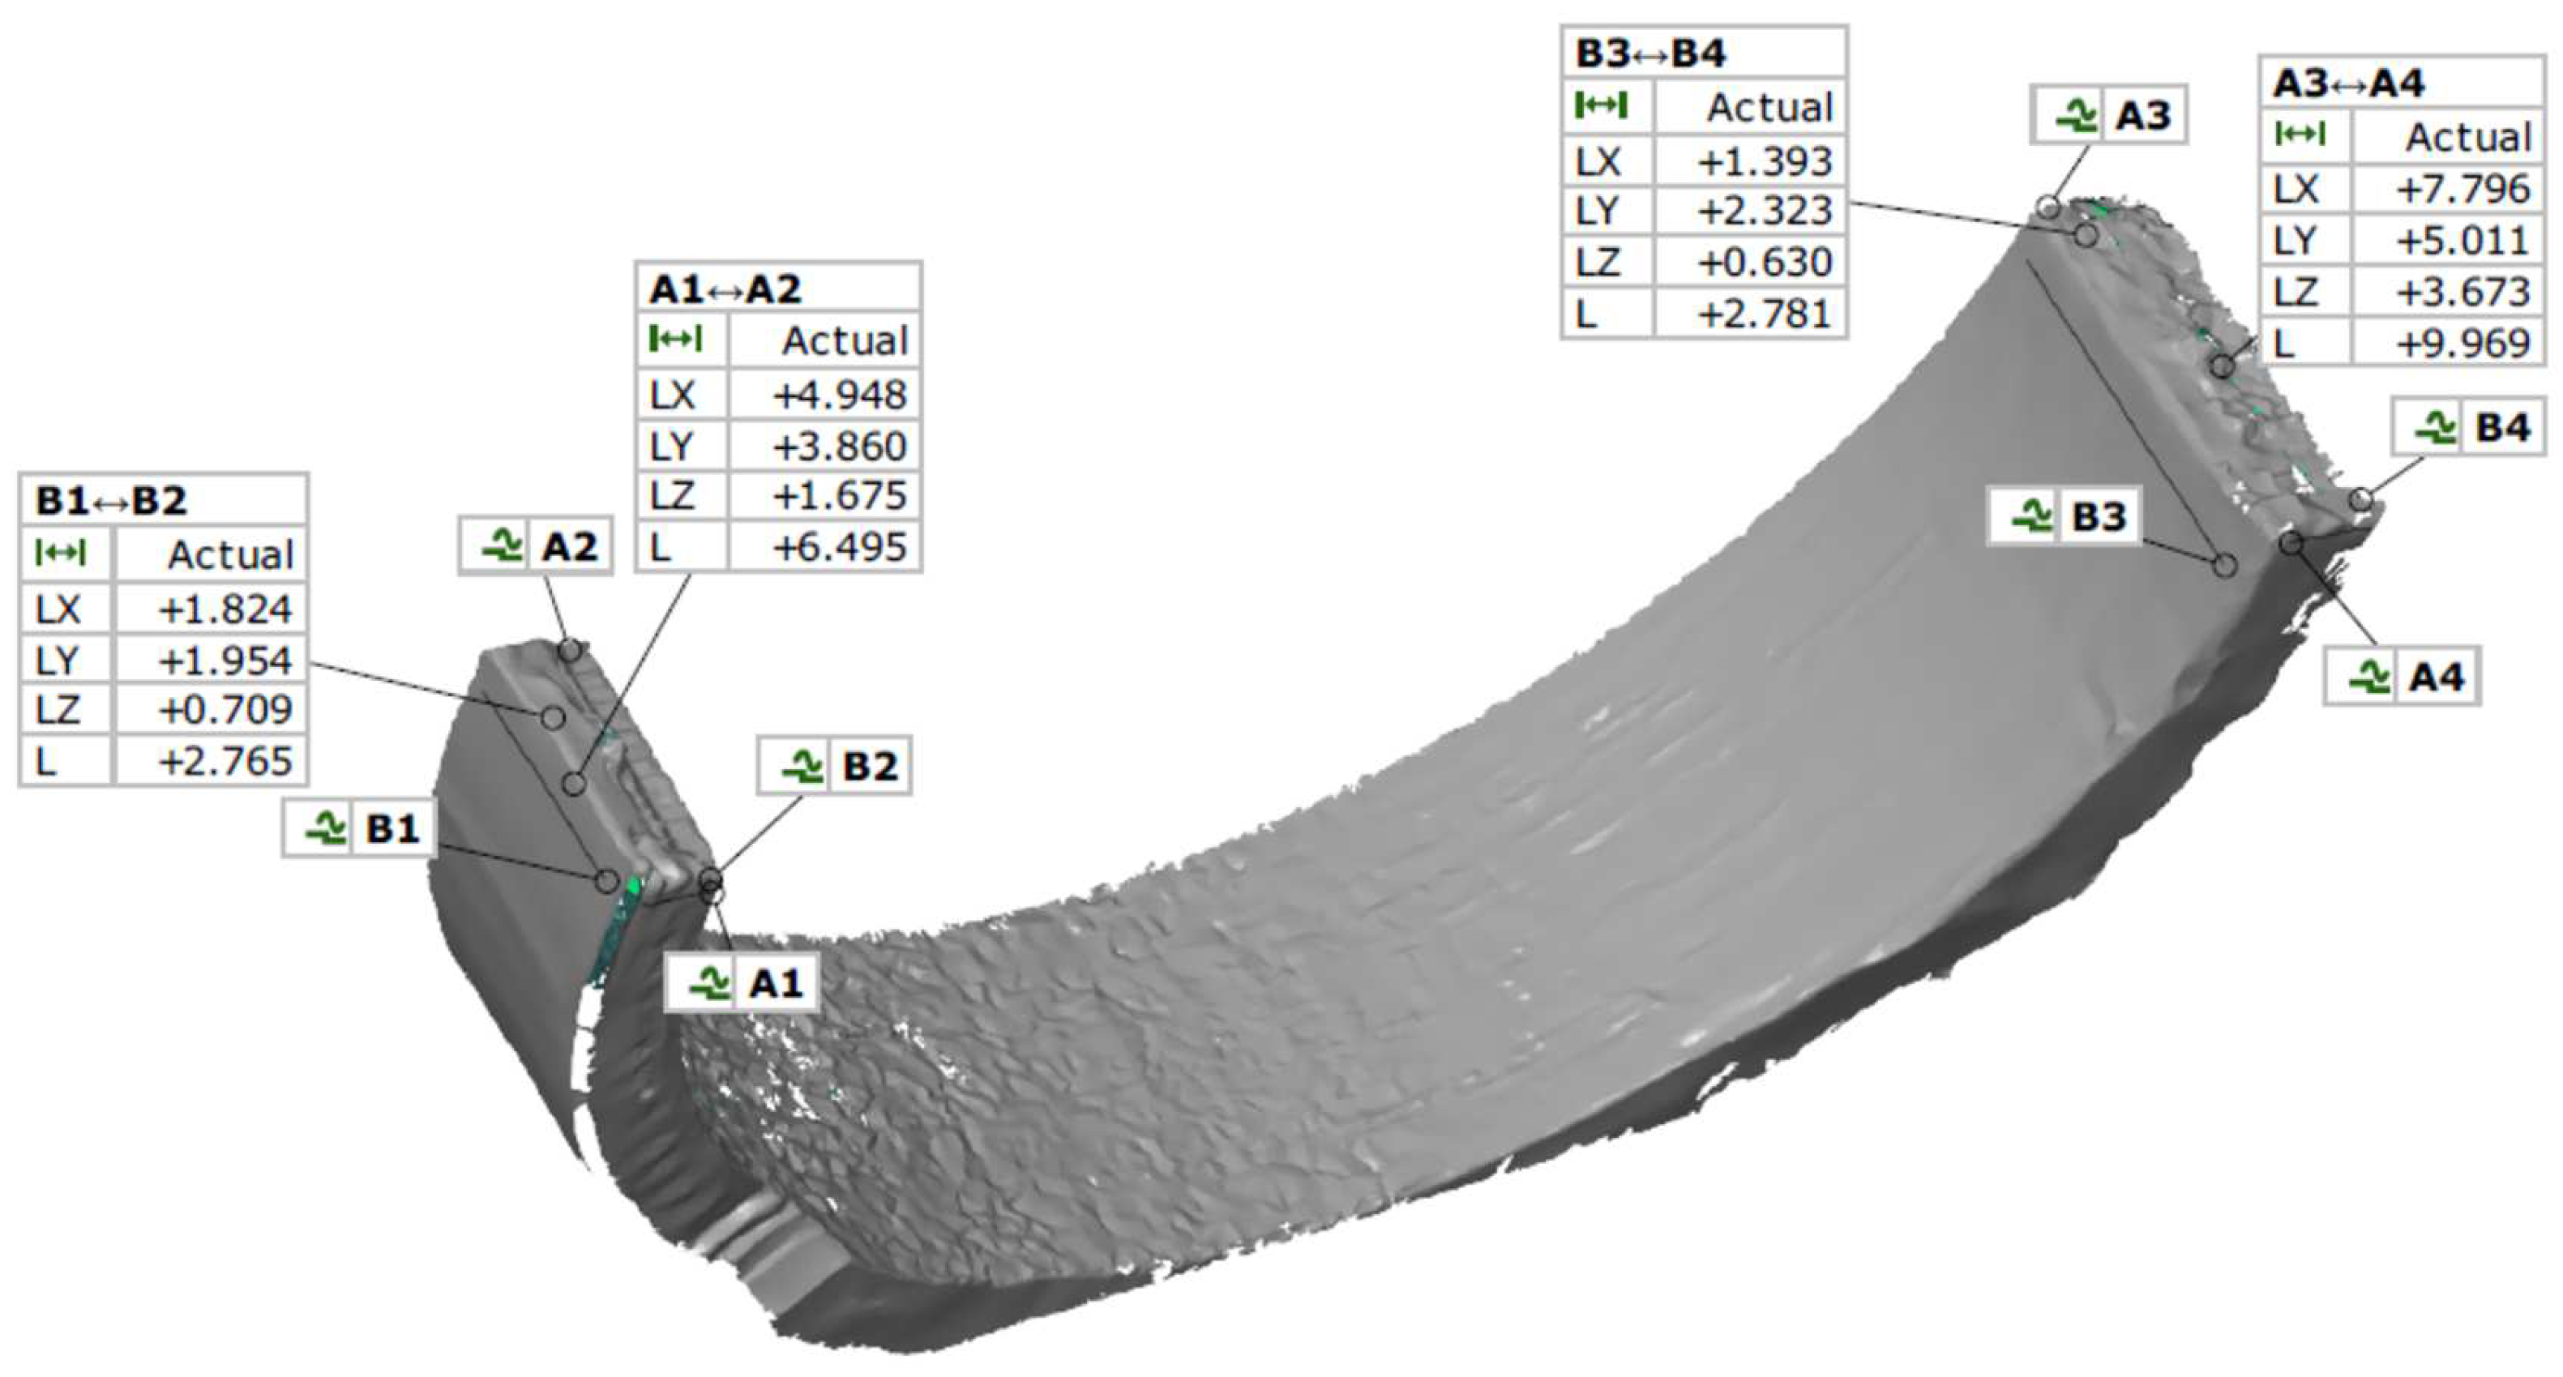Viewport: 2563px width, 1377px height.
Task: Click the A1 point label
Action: [x=741, y=983]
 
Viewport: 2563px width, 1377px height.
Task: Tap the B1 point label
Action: [x=359, y=827]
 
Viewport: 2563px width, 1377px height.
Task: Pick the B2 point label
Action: [x=835, y=765]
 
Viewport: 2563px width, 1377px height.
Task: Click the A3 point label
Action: [x=2108, y=114]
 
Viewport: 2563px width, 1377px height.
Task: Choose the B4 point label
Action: [x=2468, y=428]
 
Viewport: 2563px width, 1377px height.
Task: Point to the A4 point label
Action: [x=2402, y=677]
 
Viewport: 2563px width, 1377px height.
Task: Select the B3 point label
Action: [x=2064, y=516]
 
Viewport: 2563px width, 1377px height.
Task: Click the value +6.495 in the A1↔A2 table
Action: [x=839, y=546]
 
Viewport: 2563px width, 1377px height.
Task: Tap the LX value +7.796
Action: [x=2462, y=188]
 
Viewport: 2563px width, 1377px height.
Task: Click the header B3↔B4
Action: [x=1649, y=53]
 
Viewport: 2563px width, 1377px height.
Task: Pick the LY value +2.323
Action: [x=1764, y=211]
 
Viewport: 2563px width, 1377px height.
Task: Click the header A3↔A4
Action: [x=2348, y=83]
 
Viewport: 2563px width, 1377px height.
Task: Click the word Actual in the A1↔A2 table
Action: [x=844, y=340]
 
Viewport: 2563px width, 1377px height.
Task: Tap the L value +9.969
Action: [x=2462, y=344]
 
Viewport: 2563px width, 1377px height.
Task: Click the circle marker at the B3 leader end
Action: [x=2225, y=565]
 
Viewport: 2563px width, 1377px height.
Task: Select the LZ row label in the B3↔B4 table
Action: [x=1598, y=263]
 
